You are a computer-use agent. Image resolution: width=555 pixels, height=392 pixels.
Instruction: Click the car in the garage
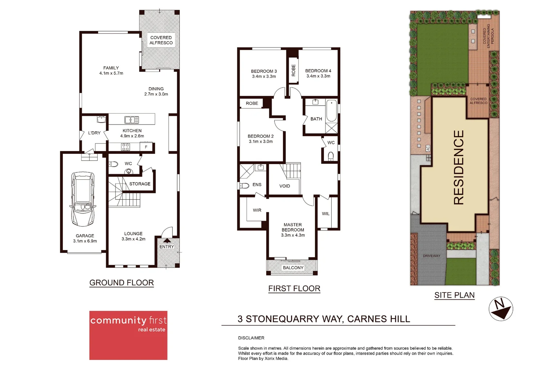83,200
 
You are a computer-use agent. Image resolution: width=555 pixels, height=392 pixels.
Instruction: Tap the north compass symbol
501,309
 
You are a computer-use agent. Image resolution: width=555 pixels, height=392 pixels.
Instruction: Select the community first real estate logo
128,335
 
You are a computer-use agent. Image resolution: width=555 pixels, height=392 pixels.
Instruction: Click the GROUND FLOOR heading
121,283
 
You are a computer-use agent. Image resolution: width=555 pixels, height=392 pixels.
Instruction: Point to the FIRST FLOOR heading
294,289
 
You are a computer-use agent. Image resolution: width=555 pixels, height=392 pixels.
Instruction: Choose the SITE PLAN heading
454,295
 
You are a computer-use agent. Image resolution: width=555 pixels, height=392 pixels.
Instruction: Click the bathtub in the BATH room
331,111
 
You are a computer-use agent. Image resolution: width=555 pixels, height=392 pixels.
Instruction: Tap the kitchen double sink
131,120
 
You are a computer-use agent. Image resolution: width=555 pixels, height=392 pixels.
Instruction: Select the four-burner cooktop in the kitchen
125,147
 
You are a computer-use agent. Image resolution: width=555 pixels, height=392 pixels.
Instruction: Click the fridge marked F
146,147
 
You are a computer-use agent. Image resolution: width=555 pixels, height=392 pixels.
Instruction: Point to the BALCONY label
293,268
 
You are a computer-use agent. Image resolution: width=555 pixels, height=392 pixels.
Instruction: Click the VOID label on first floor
284,186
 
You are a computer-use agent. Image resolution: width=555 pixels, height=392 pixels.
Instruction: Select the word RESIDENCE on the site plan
459,167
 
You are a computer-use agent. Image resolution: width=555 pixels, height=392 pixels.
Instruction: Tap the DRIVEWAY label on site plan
431,256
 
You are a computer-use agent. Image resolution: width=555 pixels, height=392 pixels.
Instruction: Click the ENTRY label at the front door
167,247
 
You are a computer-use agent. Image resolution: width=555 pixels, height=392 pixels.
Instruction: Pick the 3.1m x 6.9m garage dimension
85,241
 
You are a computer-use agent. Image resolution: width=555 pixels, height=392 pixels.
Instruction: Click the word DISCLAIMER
251,338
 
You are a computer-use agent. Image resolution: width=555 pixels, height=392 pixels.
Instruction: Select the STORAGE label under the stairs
140,184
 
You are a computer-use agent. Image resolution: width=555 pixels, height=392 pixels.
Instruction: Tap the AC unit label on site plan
428,148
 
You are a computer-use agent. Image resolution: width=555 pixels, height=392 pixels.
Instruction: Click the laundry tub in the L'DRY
101,119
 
